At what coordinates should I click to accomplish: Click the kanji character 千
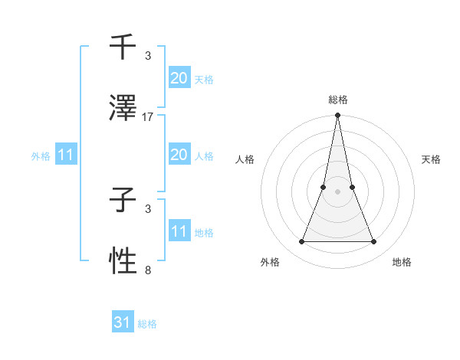(x=123, y=47)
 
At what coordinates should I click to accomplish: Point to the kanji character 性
(x=123, y=260)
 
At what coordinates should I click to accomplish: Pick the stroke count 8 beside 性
(x=148, y=270)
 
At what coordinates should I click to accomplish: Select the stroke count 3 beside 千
(x=148, y=56)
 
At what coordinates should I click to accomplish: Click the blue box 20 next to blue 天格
(x=179, y=78)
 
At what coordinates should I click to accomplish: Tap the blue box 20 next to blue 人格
(x=179, y=155)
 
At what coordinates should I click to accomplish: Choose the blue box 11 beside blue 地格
(x=179, y=231)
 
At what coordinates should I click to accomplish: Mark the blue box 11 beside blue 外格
(x=66, y=155)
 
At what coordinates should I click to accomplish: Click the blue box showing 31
(x=123, y=322)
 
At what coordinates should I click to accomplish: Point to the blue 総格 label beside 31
(x=147, y=324)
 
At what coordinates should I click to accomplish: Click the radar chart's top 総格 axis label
(x=338, y=100)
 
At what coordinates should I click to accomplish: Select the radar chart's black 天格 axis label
(x=432, y=159)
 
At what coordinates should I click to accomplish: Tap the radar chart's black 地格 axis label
(x=402, y=262)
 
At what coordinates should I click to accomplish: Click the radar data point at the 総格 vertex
(x=338, y=116)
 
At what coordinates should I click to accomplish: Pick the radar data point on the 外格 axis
(x=301, y=242)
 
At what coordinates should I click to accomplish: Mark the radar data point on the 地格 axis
(x=374, y=242)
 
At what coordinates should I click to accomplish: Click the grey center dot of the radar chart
(x=338, y=192)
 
